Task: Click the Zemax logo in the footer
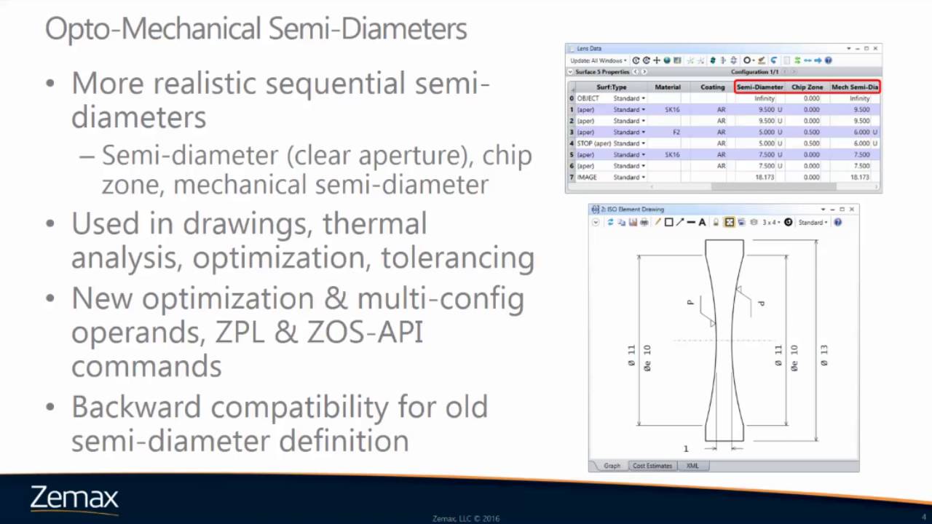point(74,499)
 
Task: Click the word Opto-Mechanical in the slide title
point(154,29)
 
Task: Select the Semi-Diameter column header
point(759,87)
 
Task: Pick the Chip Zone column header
point(807,87)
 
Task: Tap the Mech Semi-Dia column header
point(854,87)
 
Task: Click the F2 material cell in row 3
point(676,132)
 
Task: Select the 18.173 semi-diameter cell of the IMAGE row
point(765,178)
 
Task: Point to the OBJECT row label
point(588,98)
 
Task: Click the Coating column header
point(712,87)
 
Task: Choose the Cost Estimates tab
point(652,466)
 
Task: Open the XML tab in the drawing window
point(692,466)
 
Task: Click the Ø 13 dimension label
point(824,354)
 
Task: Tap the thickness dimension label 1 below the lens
point(686,448)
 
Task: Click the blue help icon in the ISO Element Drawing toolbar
point(837,222)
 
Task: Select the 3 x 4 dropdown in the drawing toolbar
point(770,222)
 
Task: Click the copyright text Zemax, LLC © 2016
point(466,519)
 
